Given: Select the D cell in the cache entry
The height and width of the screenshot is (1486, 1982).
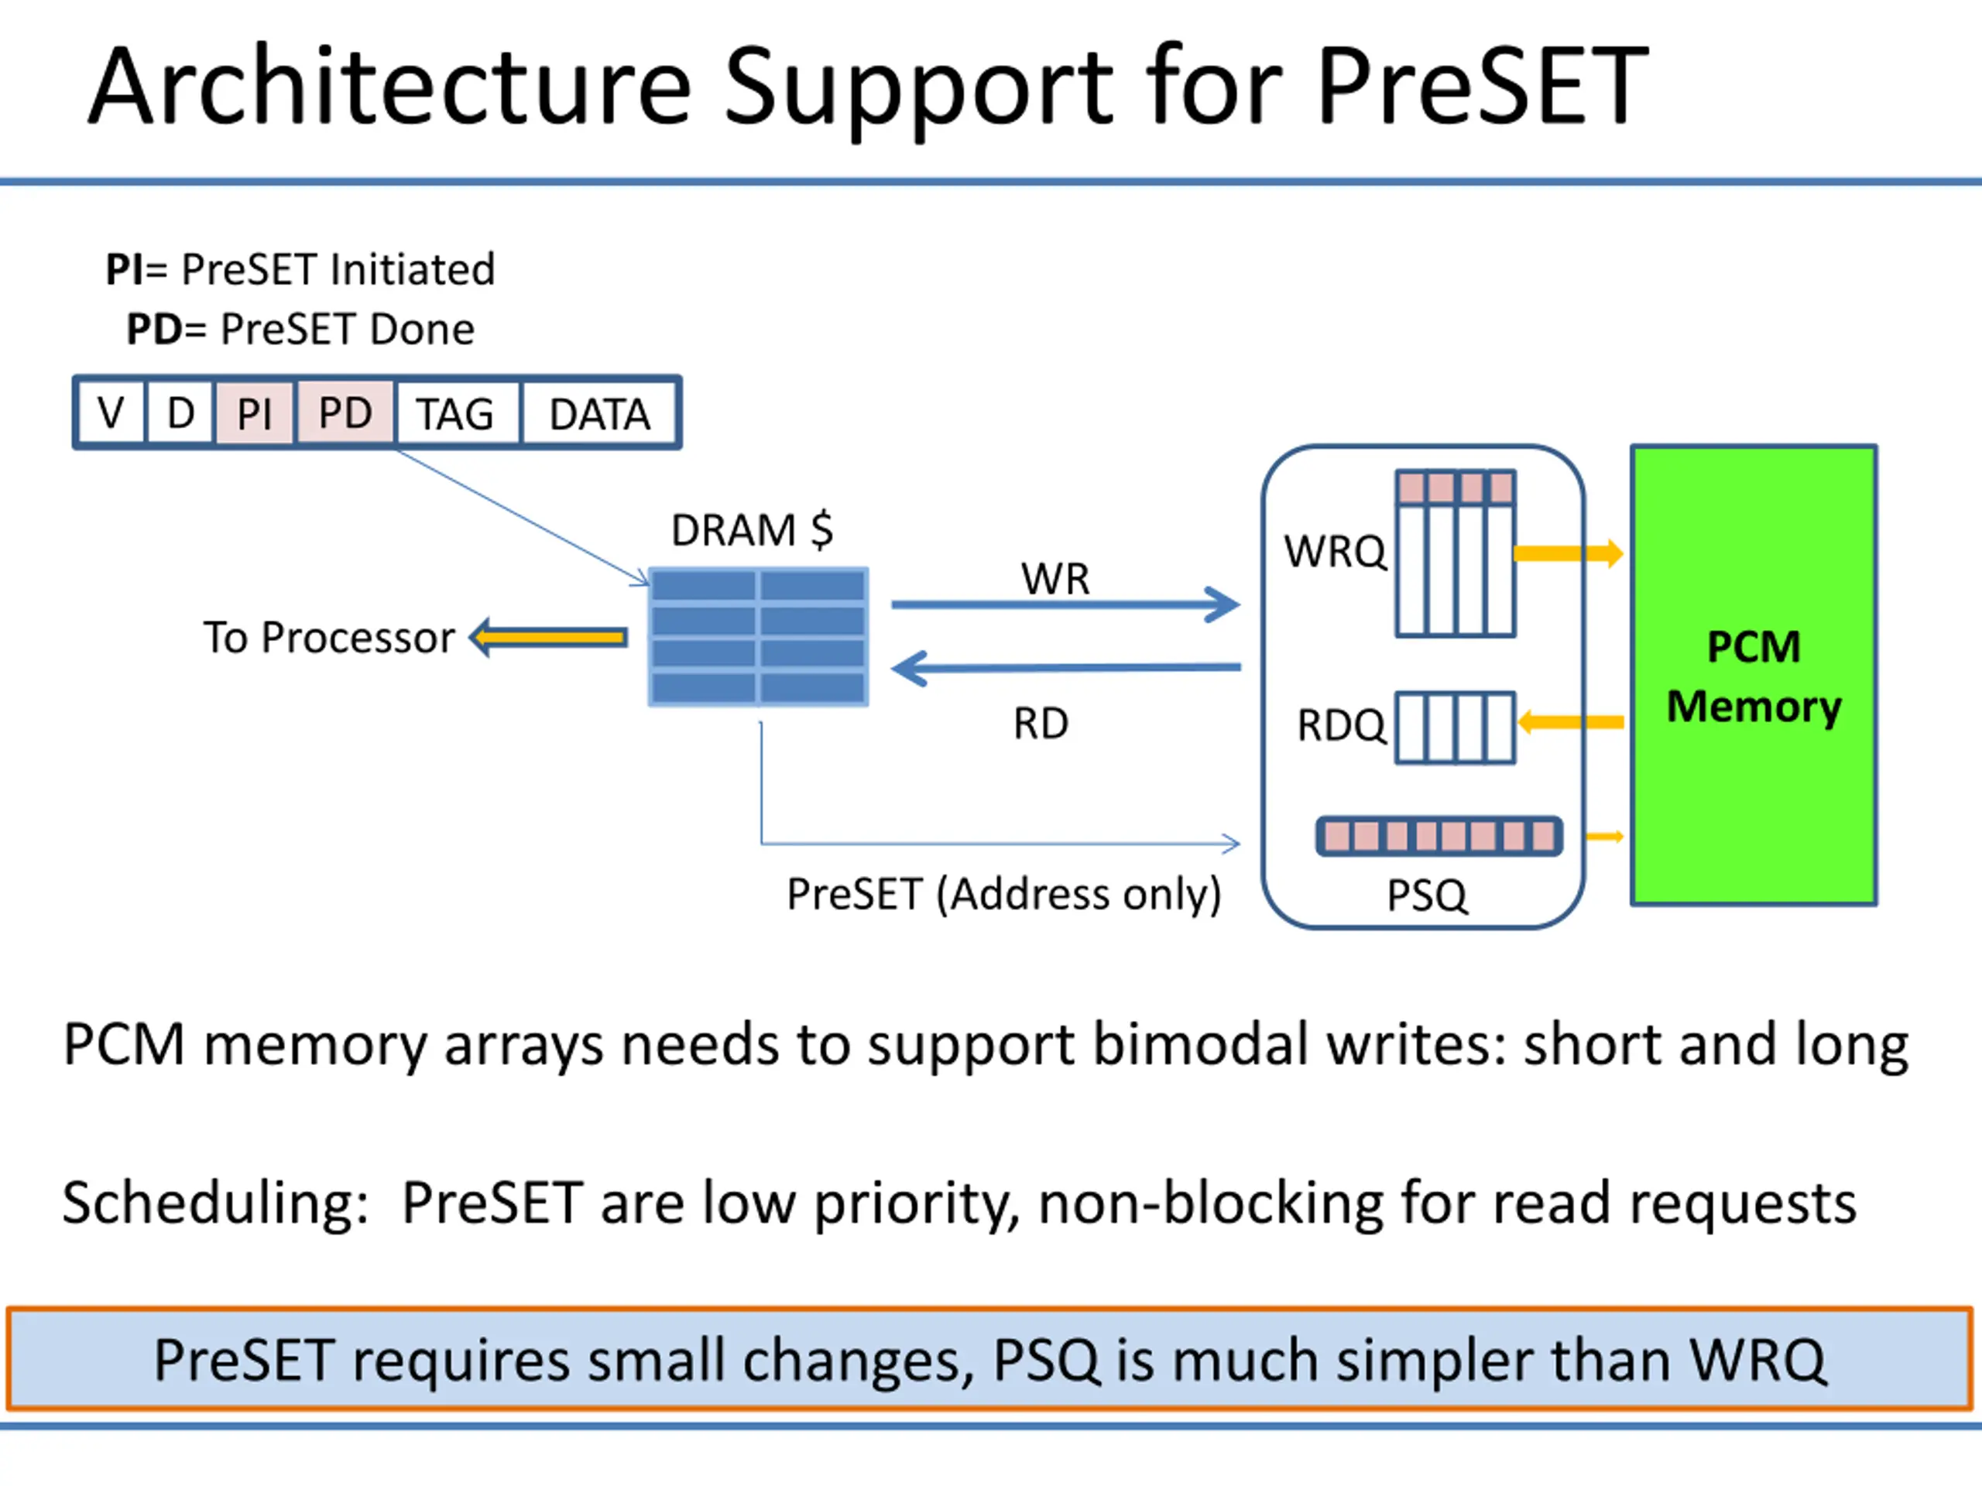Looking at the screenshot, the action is tap(180, 413).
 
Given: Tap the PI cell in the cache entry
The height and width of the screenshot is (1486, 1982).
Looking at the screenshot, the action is tap(255, 413).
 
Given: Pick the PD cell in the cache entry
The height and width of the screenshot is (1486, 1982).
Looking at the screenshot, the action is tap(345, 413).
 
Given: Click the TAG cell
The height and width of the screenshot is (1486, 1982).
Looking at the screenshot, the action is tap(456, 413).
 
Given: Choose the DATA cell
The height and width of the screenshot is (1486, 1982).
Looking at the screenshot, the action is tap(599, 413).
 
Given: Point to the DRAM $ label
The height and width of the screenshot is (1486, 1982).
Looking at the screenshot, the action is tap(752, 529).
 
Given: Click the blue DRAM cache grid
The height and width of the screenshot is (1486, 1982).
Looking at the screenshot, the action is tap(758, 637).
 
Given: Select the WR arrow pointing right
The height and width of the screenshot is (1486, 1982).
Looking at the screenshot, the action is tap(1065, 604).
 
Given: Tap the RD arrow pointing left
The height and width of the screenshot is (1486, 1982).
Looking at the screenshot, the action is tap(1065, 668).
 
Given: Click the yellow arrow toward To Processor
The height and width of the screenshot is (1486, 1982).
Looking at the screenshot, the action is tap(548, 637).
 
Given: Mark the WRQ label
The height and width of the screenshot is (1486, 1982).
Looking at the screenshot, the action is tap(1335, 551).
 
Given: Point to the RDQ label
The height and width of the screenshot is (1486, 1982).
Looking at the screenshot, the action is tap(1342, 724).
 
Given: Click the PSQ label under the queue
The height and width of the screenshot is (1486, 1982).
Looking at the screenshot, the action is tap(1428, 895).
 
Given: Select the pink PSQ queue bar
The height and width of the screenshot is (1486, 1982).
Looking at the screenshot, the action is tap(1439, 837).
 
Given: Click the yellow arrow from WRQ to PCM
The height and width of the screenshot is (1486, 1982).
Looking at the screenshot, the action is tap(1568, 553).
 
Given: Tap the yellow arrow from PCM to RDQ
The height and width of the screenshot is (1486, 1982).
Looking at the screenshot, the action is tap(1571, 722).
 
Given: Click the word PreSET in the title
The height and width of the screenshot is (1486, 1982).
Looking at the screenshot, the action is tap(1482, 86).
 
